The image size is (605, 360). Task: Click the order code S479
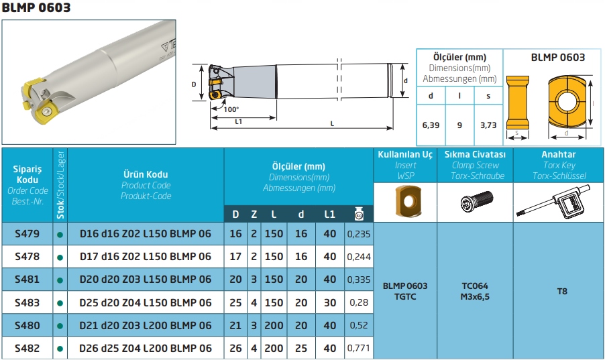click(27, 234)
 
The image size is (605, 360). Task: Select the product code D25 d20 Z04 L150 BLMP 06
click(146, 303)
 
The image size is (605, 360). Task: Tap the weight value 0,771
click(359, 348)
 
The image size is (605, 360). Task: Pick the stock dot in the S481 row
click(60, 280)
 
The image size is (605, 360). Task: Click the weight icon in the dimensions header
click(359, 214)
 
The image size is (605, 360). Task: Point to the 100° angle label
click(231, 109)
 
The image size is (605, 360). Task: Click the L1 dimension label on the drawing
click(239, 122)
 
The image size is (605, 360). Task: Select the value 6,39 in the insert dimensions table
click(431, 125)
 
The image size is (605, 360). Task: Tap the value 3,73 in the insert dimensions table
click(488, 125)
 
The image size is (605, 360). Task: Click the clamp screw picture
click(477, 201)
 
